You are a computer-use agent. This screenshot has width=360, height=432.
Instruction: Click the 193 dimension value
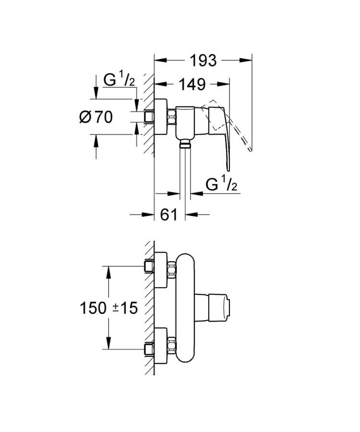(x=203, y=60)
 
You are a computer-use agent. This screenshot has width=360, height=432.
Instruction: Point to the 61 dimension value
(x=169, y=215)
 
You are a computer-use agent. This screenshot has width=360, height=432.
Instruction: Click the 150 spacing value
(x=94, y=308)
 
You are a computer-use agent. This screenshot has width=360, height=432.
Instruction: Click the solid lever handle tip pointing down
(x=228, y=166)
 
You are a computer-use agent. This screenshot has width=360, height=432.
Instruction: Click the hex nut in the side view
(x=171, y=117)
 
